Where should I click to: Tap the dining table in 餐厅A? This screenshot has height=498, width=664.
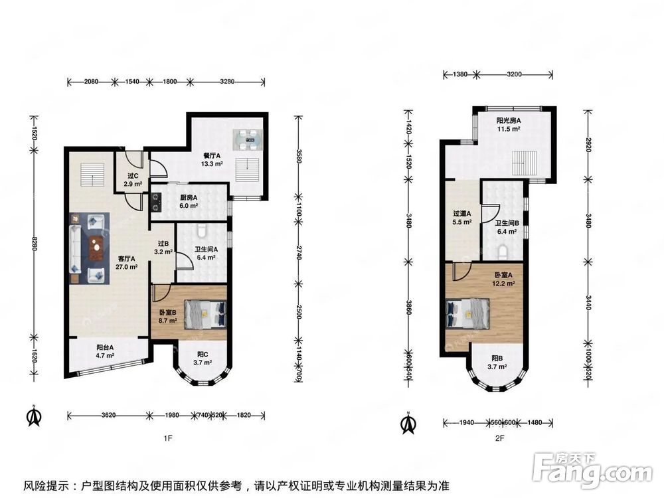pos(247,139)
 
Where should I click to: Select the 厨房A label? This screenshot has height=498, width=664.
pos(189,197)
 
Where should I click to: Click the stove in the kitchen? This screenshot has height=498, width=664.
pos(156,202)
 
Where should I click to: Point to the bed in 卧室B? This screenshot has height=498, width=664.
pos(205,314)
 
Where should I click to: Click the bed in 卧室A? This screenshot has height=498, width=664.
pos(467,313)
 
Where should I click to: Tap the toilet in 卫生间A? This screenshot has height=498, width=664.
pos(202,230)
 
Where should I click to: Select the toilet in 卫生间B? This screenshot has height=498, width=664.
pos(503,252)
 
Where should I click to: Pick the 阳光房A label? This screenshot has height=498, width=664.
pos(509,121)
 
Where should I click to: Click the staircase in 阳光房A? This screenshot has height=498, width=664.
pos(524,163)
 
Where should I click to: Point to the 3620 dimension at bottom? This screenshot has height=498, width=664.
pos(108,416)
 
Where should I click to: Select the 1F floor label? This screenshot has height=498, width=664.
pos(168,438)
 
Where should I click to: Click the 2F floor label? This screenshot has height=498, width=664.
pos(500,438)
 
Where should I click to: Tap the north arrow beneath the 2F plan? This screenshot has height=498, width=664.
pos(408,423)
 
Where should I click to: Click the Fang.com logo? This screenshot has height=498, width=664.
pos(592,469)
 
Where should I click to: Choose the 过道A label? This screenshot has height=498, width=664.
pos(461,214)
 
